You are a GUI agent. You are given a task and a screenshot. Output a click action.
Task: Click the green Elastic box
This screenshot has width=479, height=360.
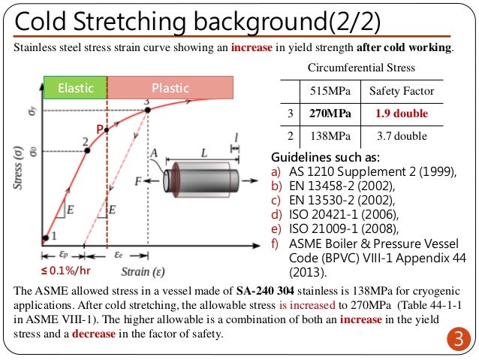tap(75, 88)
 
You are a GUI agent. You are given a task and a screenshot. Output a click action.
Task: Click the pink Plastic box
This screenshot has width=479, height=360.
tap(170, 88)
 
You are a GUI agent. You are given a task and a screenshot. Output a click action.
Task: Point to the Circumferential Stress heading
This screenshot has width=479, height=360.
tap(362, 68)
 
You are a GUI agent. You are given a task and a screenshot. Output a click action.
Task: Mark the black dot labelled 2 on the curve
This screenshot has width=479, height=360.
tap(88, 151)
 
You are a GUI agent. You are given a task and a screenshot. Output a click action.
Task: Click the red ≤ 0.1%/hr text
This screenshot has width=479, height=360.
tap(67, 270)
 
